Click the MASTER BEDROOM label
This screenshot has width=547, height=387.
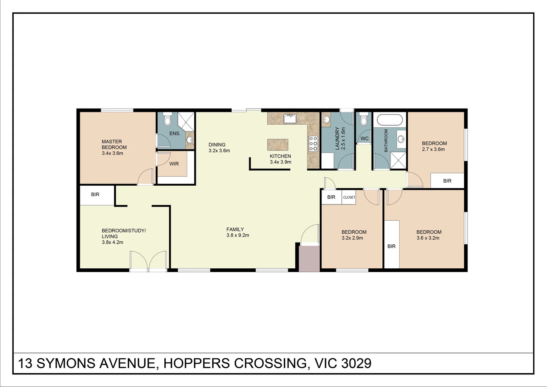coord(114,144)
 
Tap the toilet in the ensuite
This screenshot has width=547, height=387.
coord(167,119)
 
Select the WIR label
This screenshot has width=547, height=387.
coord(174,164)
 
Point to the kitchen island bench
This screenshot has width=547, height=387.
coord(278,144)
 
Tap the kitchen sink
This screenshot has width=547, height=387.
coord(290,119)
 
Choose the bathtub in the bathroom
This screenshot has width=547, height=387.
coord(389,120)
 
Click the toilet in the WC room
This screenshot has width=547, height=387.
coord(364,119)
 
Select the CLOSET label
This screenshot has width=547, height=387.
coord(349,197)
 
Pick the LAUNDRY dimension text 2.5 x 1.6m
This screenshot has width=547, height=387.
coord(343,138)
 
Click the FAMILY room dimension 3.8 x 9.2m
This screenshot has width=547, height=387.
coord(238,235)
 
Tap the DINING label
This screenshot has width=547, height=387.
coord(217,145)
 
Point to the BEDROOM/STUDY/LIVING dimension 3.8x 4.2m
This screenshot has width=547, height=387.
coord(112,242)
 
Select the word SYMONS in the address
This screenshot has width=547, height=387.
coord(66,363)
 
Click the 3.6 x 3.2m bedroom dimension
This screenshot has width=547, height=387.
coord(428,238)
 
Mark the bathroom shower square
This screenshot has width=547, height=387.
coord(398,161)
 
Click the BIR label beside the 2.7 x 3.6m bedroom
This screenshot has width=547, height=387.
coord(447,181)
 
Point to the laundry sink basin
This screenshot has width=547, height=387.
coord(326,120)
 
